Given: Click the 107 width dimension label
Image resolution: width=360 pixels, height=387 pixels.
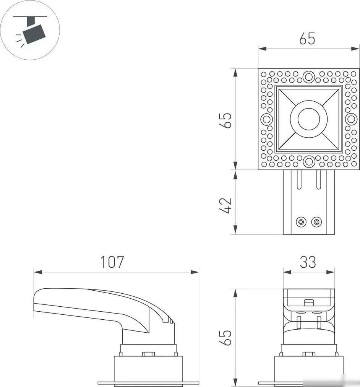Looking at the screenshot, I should pos(112,262).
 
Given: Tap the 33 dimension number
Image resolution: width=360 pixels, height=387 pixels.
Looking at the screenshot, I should pos(308,262).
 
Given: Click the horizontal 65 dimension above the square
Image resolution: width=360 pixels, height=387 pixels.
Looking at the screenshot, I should pos(307,39).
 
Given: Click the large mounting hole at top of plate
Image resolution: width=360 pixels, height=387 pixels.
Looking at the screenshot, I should pos(308,76).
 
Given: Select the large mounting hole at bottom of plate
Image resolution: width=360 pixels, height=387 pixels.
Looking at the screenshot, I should pos(308,161).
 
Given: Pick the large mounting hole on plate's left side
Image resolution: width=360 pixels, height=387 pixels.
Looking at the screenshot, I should pos(266,119).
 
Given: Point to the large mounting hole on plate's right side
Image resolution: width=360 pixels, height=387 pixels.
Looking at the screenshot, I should pos(350,119).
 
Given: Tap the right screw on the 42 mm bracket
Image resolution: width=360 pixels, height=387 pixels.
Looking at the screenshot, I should pos(316,222).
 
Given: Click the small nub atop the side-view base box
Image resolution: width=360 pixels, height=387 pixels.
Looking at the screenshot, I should pos(148,354).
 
